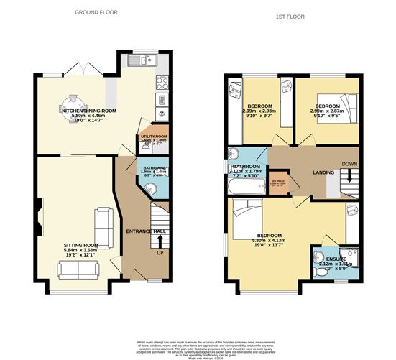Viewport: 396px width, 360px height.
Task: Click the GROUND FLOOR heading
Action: click(x=97, y=12)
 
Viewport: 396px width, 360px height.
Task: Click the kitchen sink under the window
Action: click(x=149, y=61)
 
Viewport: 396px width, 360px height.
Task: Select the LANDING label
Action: click(x=315, y=172)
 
